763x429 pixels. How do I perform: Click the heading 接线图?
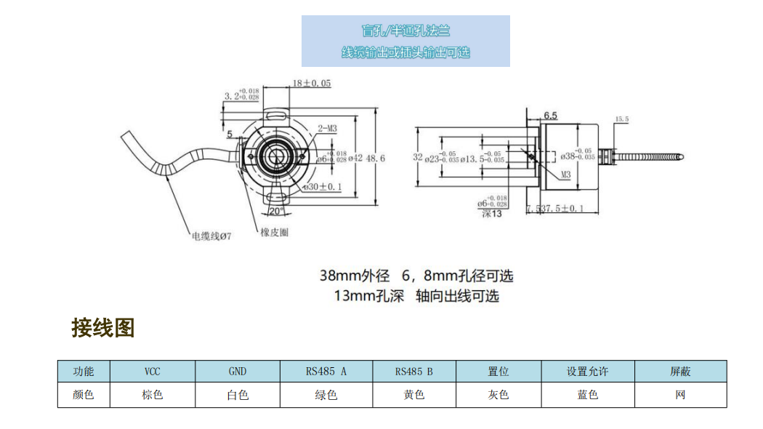(x=102, y=328)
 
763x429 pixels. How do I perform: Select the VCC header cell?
(x=153, y=372)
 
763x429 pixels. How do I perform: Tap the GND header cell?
(x=238, y=372)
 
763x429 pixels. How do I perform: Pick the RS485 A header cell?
(x=326, y=372)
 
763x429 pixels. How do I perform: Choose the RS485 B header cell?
(x=414, y=372)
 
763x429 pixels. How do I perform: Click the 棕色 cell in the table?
(x=153, y=395)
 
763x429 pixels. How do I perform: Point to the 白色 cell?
(x=238, y=395)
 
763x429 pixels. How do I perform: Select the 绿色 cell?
(x=326, y=395)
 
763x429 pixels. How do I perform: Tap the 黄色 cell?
(x=414, y=395)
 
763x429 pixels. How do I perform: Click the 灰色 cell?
(x=498, y=395)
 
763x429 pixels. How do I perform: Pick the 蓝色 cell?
(x=587, y=395)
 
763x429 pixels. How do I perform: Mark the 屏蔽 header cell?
(x=680, y=372)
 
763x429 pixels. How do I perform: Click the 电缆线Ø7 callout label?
(x=211, y=236)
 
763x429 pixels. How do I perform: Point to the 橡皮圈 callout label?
(x=275, y=233)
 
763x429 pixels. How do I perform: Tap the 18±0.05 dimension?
(x=312, y=84)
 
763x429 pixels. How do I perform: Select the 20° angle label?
(x=276, y=212)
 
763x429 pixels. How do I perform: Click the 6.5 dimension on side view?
(x=550, y=116)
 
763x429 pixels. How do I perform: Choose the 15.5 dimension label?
(x=621, y=119)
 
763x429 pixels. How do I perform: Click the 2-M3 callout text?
(x=328, y=129)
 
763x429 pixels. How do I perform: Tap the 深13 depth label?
(x=492, y=214)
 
